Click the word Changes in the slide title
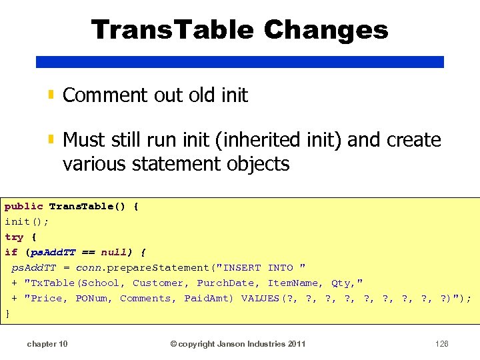click(x=325, y=30)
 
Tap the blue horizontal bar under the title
click(x=239, y=61)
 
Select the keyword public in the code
click(x=23, y=207)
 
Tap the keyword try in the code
click(x=13, y=237)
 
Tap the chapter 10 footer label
click(x=47, y=344)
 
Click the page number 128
click(x=441, y=344)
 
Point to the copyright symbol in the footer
click(x=173, y=344)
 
